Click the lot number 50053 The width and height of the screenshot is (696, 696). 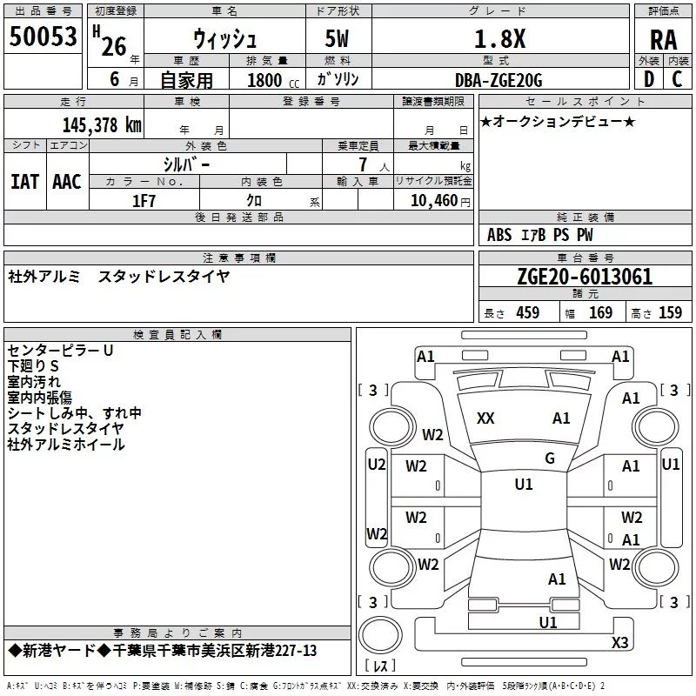[43, 37]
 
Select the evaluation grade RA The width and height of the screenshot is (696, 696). [664, 40]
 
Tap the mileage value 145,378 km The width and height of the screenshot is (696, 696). [102, 125]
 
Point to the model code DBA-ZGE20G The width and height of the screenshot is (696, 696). [499, 80]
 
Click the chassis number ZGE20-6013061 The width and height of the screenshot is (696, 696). [585, 277]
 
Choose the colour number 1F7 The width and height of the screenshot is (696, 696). [144, 201]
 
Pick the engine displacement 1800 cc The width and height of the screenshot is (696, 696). [273, 80]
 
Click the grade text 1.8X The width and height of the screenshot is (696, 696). [499, 39]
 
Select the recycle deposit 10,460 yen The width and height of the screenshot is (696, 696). [440, 201]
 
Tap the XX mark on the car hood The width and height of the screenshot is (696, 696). [485, 418]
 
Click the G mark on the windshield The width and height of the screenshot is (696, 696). [550, 458]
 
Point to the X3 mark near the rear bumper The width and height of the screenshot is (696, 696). [619, 642]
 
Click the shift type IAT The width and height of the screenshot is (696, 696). [24, 182]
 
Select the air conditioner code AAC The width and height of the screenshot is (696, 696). [67, 182]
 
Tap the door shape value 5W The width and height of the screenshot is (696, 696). [337, 38]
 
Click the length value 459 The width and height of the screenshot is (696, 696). [528, 313]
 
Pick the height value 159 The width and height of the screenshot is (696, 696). [670, 313]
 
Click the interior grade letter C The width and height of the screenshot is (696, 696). [677, 79]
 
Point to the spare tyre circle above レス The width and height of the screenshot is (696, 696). [380, 634]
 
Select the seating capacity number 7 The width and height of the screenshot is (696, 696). [363, 164]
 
